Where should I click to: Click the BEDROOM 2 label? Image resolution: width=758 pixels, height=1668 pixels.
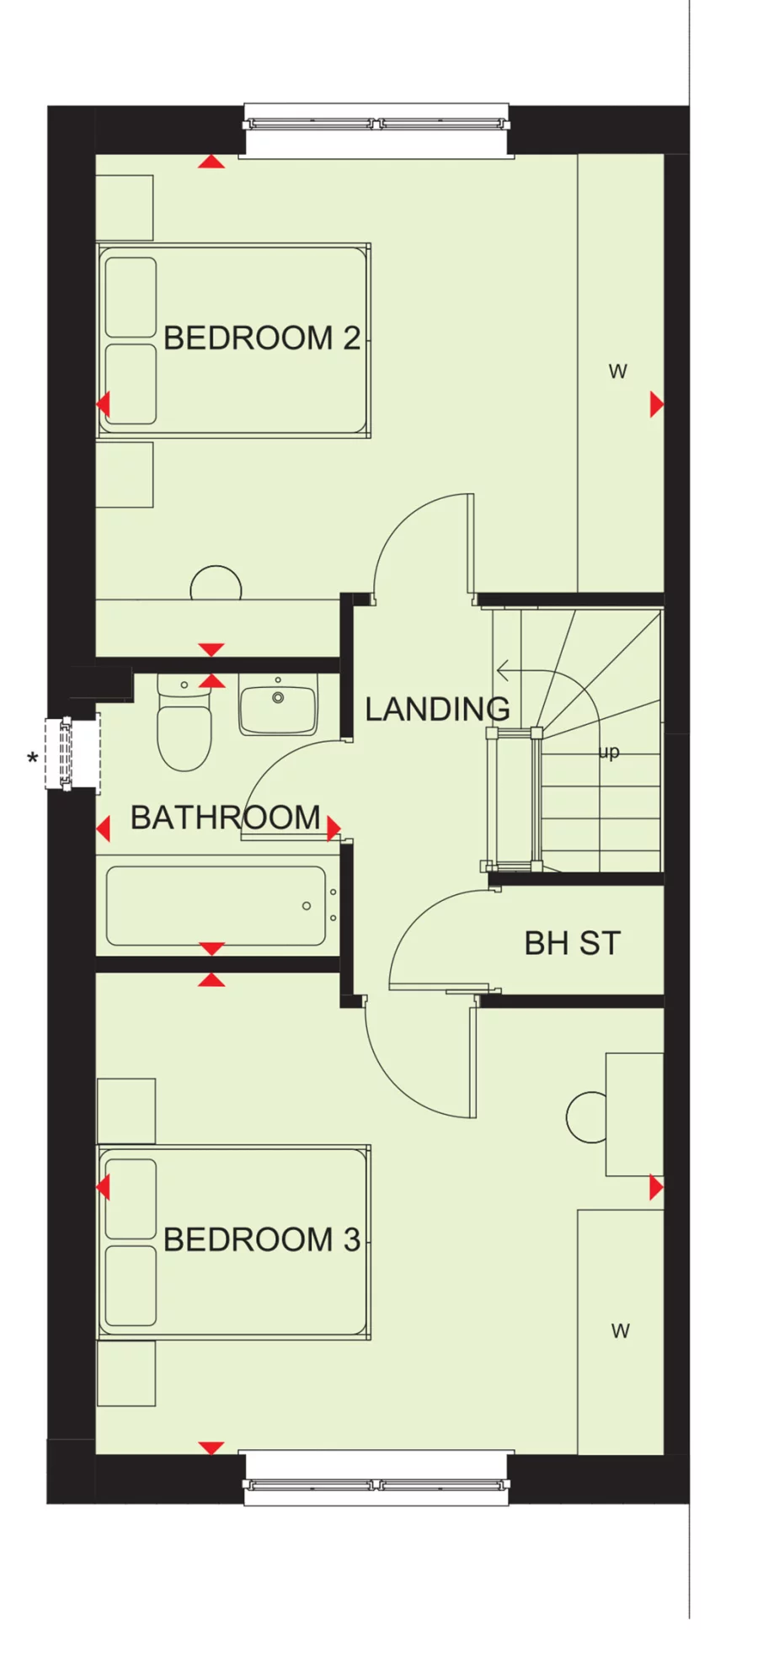(261, 338)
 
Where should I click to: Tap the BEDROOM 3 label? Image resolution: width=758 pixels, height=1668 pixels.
(261, 1239)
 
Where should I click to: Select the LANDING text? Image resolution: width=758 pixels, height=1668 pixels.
(437, 709)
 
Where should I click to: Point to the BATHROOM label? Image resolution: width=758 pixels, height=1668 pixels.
(225, 818)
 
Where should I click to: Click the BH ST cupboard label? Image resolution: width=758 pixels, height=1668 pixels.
(572, 943)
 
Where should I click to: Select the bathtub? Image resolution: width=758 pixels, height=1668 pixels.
(216, 906)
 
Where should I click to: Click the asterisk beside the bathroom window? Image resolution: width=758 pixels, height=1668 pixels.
(32, 760)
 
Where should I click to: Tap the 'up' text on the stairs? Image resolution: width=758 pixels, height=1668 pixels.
(609, 752)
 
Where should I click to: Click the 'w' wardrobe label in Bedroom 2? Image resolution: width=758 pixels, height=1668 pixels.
(617, 371)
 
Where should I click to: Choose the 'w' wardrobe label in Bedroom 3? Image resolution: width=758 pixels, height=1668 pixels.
(620, 1330)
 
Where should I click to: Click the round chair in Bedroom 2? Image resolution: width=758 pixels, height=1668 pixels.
(216, 584)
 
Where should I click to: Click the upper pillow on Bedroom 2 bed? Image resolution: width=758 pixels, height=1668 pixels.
(131, 297)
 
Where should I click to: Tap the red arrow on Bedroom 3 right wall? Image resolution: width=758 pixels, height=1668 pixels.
(656, 1188)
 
